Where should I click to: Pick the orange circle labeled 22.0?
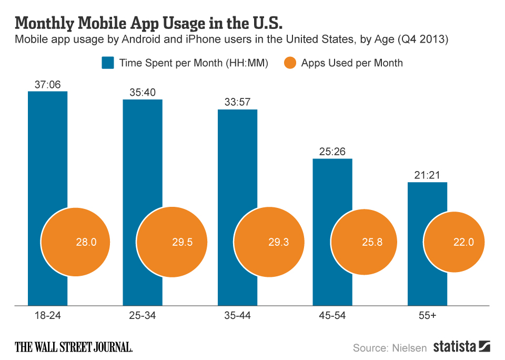tap(457, 242)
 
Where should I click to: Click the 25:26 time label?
tap(332, 152)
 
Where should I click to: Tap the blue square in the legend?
tap(108, 63)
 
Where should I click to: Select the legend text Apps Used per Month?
tap(352, 63)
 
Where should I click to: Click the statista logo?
tap(462, 346)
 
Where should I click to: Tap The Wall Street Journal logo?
tap(74, 347)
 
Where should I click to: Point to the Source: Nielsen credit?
tap(389, 347)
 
